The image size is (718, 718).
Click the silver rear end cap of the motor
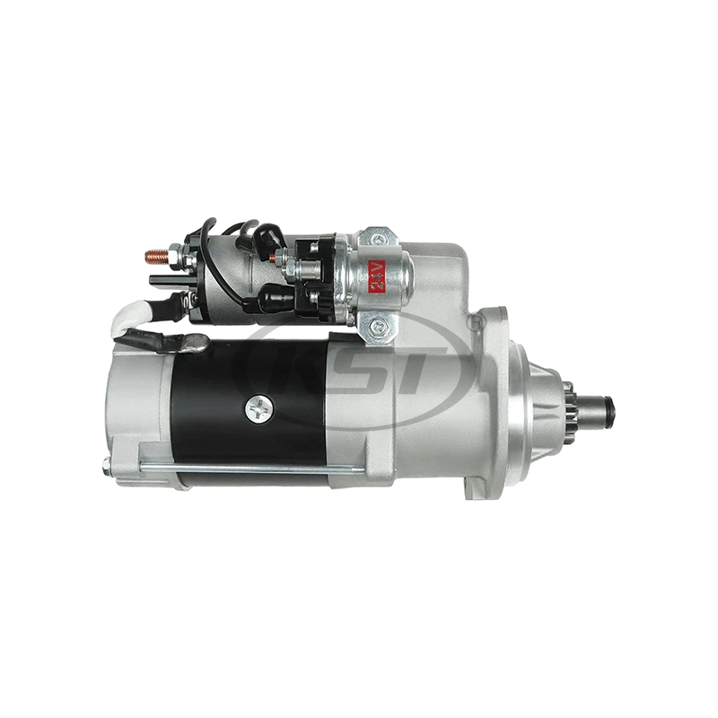[x=135, y=404]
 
